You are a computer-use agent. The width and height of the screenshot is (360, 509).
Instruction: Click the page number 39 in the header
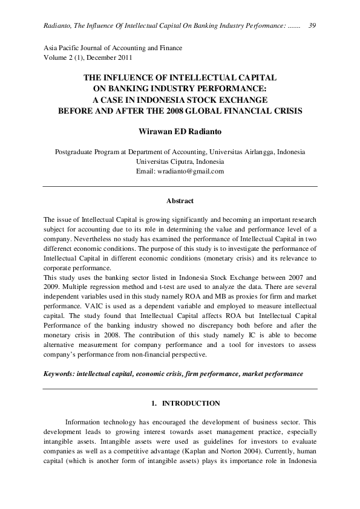(313, 25)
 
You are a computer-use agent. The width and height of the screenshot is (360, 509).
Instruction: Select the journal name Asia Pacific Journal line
(113, 48)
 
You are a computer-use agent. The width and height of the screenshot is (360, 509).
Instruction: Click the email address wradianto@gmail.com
(191, 171)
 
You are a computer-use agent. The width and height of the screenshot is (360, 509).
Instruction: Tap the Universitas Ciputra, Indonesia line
(180, 161)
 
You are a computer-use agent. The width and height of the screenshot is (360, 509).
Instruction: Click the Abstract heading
(180, 201)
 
